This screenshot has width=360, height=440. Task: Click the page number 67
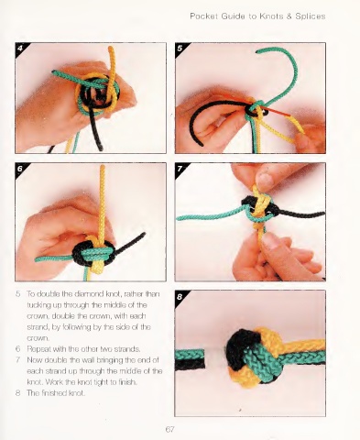[x=169, y=429]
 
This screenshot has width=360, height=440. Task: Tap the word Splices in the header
[x=311, y=16]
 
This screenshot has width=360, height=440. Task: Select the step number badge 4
[x=20, y=48]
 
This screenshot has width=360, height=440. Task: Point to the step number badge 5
[x=180, y=48]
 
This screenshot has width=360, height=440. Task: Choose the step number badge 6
[x=20, y=169]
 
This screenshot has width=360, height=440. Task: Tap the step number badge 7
[x=180, y=169]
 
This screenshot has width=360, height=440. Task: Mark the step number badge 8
[x=180, y=296]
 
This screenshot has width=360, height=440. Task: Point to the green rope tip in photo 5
[x=257, y=51]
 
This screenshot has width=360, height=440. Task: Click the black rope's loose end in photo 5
[x=202, y=144]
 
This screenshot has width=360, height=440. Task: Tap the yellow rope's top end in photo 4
[x=111, y=49]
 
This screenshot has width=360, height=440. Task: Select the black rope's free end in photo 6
[x=143, y=235]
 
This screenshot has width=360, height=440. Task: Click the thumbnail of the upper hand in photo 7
[x=265, y=180]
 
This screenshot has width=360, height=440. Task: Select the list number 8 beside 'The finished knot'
[x=18, y=393]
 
